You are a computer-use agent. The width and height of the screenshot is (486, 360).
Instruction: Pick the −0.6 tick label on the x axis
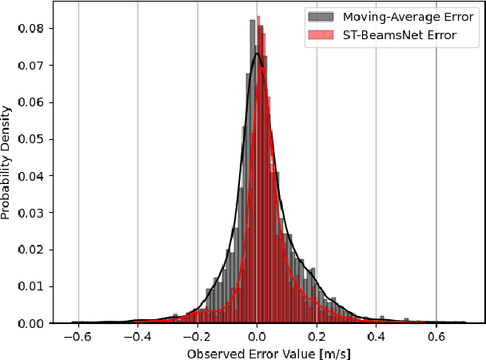pyautogui.click(x=76, y=338)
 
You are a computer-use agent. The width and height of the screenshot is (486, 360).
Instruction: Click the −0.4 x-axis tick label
pyautogui.click(x=136, y=338)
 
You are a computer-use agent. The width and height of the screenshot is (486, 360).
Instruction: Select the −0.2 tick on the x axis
pyautogui.click(x=196, y=338)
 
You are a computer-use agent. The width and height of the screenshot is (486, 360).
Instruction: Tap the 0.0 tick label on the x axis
pyautogui.click(x=257, y=338)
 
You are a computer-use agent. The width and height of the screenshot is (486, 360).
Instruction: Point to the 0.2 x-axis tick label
pyautogui.click(x=317, y=338)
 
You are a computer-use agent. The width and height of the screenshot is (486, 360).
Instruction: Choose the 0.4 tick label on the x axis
pyautogui.click(x=376, y=338)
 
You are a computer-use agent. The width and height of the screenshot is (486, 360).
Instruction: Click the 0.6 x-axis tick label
pyautogui.click(x=436, y=338)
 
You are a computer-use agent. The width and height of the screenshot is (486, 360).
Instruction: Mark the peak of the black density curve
pyautogui.click(x=257, y=54)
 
